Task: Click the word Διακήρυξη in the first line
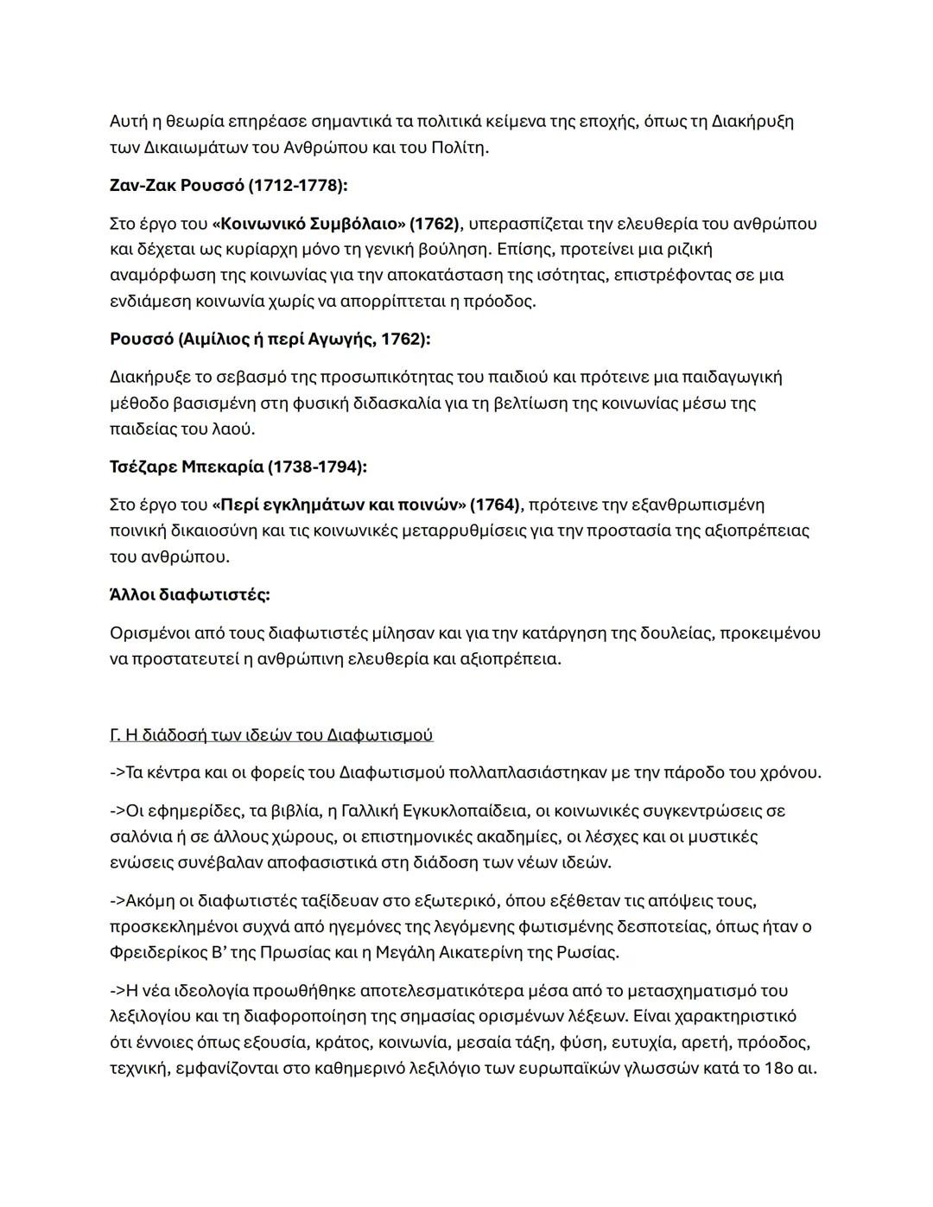[x=752, y=122]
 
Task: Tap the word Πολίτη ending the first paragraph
[x=459, y=148]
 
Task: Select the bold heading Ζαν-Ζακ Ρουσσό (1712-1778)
[x=228, y=186]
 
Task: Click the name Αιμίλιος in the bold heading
[x=213, y=340]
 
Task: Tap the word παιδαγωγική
[x=732, y=378]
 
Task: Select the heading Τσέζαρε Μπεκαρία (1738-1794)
[x=238, y=467]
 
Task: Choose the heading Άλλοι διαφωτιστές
[x=189, y=595]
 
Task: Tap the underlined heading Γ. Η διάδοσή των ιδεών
[x=271, y=735]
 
